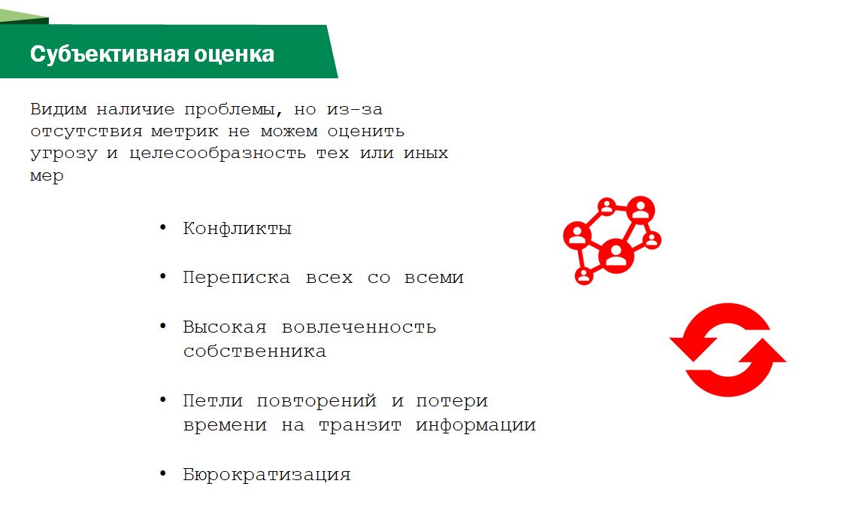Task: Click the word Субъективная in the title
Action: [x=108, y=54]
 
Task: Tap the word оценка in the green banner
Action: [x=234, y=55]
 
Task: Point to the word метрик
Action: [x=184, y=132]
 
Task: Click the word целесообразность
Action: [x=217, y=154]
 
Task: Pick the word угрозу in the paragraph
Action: [x=63, y=154]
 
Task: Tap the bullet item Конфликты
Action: [x=237, y=228]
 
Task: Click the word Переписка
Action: [x=236, y=278]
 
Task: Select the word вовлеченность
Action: [x=359, y=327]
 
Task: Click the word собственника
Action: [x=255, y=351]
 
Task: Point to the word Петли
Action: [x=213, y=401]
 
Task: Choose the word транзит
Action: [x=360, y=425]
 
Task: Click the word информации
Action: [x=475, y=425]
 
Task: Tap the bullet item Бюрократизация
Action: [x=266, y=475]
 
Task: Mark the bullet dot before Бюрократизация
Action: [x=163, y=473]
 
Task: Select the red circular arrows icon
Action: [x=728, y=350]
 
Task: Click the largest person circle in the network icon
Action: [x=616, y=255]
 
